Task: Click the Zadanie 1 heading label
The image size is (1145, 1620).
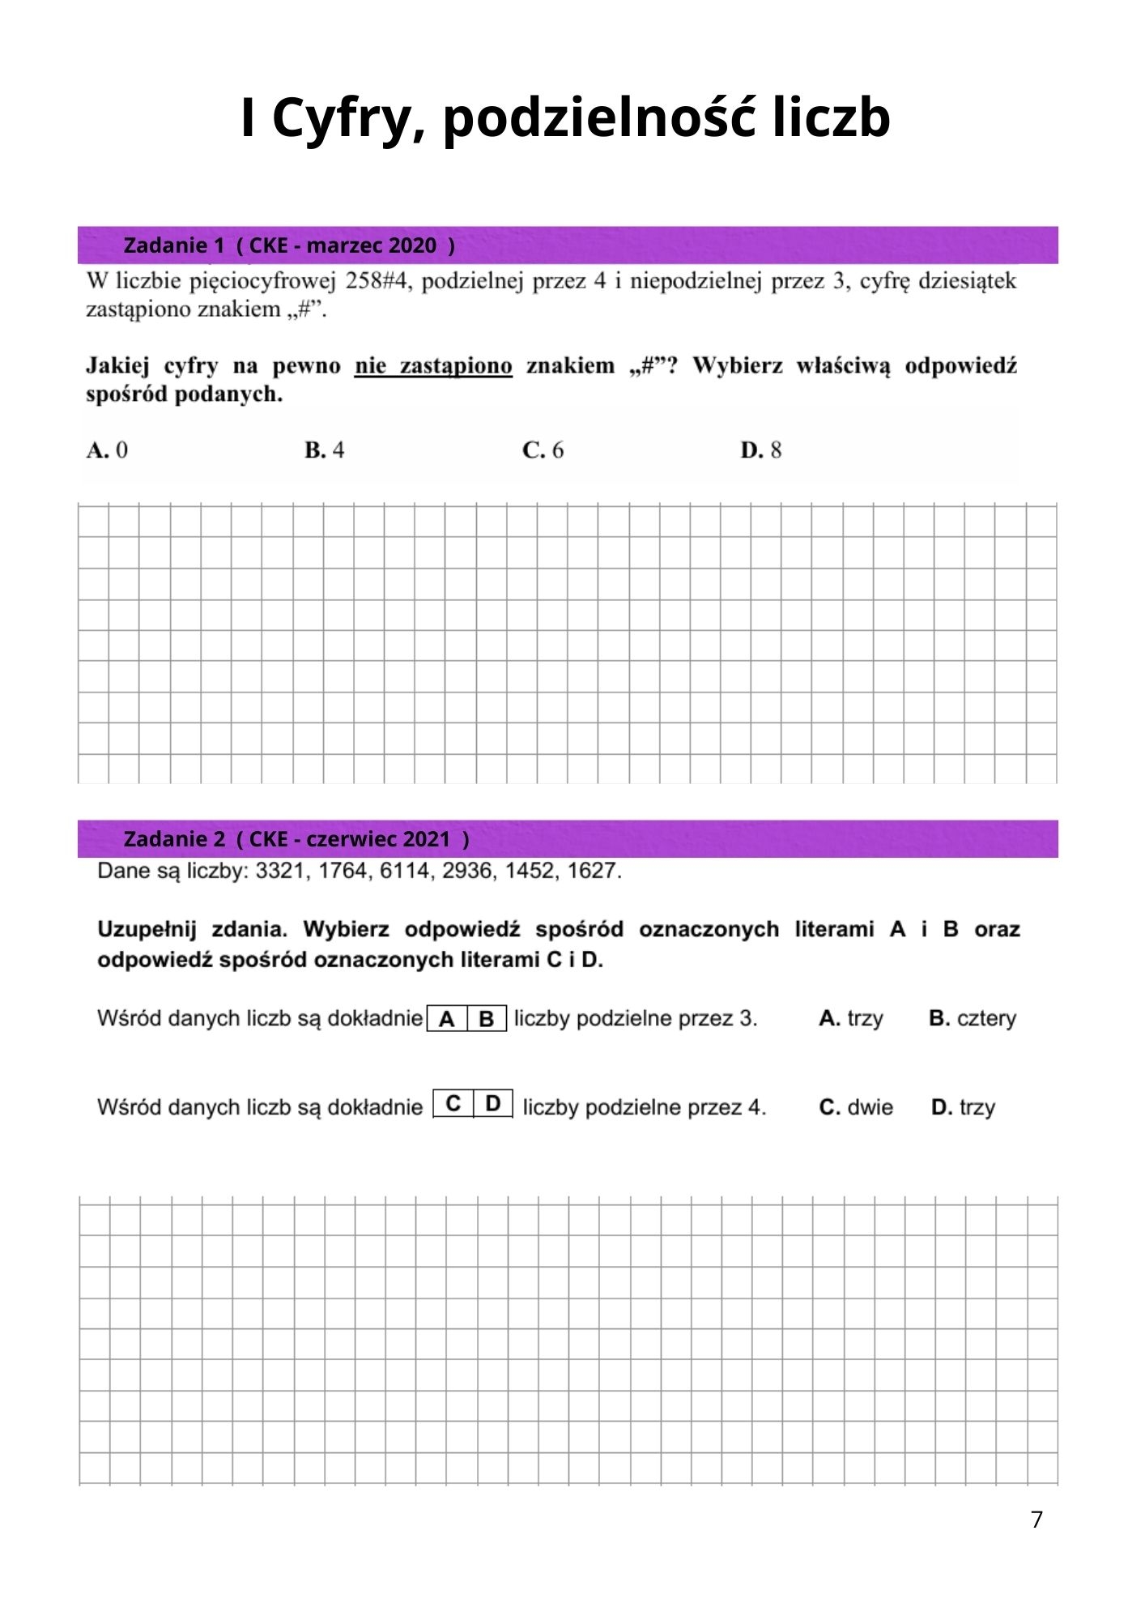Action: tap(173, 245)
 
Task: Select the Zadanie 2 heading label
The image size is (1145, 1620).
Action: tap(174, 839)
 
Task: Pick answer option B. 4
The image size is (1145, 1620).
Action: tap(325, 450)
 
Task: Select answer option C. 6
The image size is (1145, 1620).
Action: tap(543, 450)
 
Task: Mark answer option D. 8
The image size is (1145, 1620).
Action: tap(761, 450)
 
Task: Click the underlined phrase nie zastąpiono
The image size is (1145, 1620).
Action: tap(433, 366)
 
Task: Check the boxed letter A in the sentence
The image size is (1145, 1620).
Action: tap(446, 1019)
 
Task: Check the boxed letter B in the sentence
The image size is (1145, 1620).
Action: tap(487, 1019)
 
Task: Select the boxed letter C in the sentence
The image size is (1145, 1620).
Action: tap(453, 1103)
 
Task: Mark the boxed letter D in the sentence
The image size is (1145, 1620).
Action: tap(493, 1103)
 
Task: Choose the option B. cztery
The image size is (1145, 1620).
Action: tap(973, 1018)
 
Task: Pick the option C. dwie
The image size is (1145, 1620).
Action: tap(856, 1107)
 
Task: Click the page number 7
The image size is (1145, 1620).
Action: tap(1036, 1520)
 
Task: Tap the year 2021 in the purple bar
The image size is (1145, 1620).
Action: tap(427, 839)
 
